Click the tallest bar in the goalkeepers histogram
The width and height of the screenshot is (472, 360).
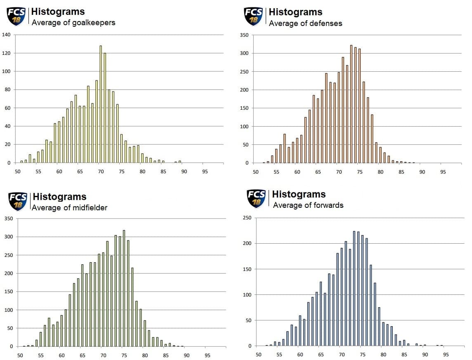101,104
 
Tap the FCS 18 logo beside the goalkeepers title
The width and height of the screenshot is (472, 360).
16,16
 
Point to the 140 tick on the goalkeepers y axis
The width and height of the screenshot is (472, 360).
6,35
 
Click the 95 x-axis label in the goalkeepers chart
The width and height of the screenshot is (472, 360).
205,172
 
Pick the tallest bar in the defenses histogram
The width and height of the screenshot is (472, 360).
351,104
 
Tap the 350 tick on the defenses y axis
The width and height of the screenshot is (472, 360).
244,35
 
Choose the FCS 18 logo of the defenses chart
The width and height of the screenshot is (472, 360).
253,16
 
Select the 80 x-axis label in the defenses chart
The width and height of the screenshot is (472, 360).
380,172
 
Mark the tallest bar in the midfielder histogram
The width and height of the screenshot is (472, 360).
124,288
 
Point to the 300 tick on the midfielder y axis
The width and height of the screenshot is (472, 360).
9,237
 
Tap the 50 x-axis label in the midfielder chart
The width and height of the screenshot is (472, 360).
20,355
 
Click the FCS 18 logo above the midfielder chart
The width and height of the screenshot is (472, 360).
18,202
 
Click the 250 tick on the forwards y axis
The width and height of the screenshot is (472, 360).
247,218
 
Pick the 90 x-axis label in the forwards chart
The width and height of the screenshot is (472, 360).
425,355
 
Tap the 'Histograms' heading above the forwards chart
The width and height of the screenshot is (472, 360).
299,194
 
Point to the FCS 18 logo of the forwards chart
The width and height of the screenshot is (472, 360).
256,198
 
